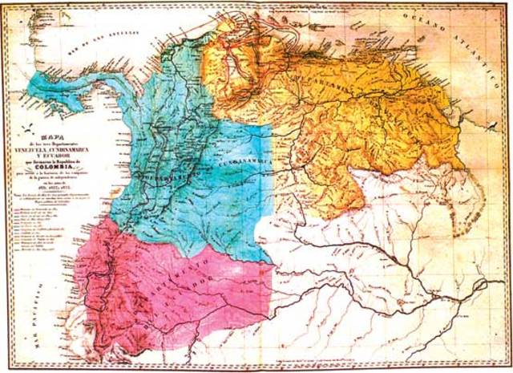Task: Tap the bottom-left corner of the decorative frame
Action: (5, 368)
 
